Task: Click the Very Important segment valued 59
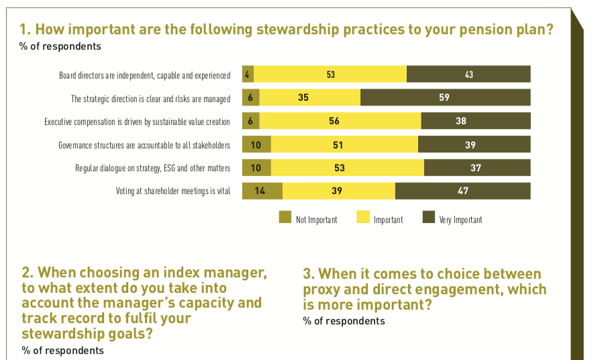pos(445,98)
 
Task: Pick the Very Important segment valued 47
pos(462,191)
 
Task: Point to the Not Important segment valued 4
pos(248,75)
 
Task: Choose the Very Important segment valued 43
pos(468,75)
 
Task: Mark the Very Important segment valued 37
pos(477,168)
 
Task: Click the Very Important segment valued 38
pos(475,122)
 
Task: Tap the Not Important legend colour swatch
pos(285,218)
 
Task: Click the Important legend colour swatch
pos(362,218)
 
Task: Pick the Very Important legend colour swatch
pos(428,218)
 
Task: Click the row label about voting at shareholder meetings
pos(173,191)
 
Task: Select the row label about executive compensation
pos(137,122)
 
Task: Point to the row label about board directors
pos(144,75)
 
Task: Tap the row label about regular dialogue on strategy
pos(152,168)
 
